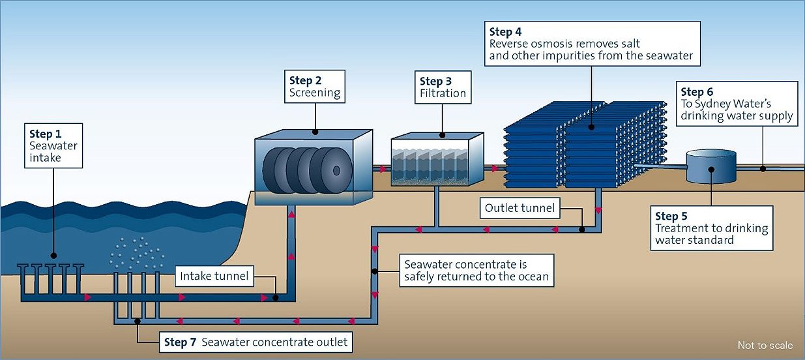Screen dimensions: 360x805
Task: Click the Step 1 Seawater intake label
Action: (x=53, y=145)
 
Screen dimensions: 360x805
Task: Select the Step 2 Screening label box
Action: (x=315, y=86)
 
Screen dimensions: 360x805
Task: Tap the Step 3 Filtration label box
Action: (x=443, y=87)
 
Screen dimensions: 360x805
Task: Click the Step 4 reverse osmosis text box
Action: (x=592, y=44)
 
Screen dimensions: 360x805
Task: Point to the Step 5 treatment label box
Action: (x=712, y=228)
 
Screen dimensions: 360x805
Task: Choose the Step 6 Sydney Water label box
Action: (x=736, y=104)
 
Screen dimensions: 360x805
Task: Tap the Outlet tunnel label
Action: (x=520, y=209)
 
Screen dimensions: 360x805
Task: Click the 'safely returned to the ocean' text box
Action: (x=476, y=271)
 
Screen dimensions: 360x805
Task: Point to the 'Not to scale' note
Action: (x=765, y=345)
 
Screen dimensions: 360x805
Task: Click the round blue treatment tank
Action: (x=711, y=167)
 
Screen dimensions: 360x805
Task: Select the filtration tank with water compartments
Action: (x=437, y=161)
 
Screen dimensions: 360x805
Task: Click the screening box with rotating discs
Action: (x=312, y=168)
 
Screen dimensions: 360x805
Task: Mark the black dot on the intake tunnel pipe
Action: (x=275, y=297)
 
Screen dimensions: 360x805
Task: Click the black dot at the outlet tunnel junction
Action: (x=581, y=229)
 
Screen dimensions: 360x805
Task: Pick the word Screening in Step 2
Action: (x=315, y=93)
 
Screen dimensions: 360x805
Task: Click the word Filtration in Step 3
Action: (x=443, y=94)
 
